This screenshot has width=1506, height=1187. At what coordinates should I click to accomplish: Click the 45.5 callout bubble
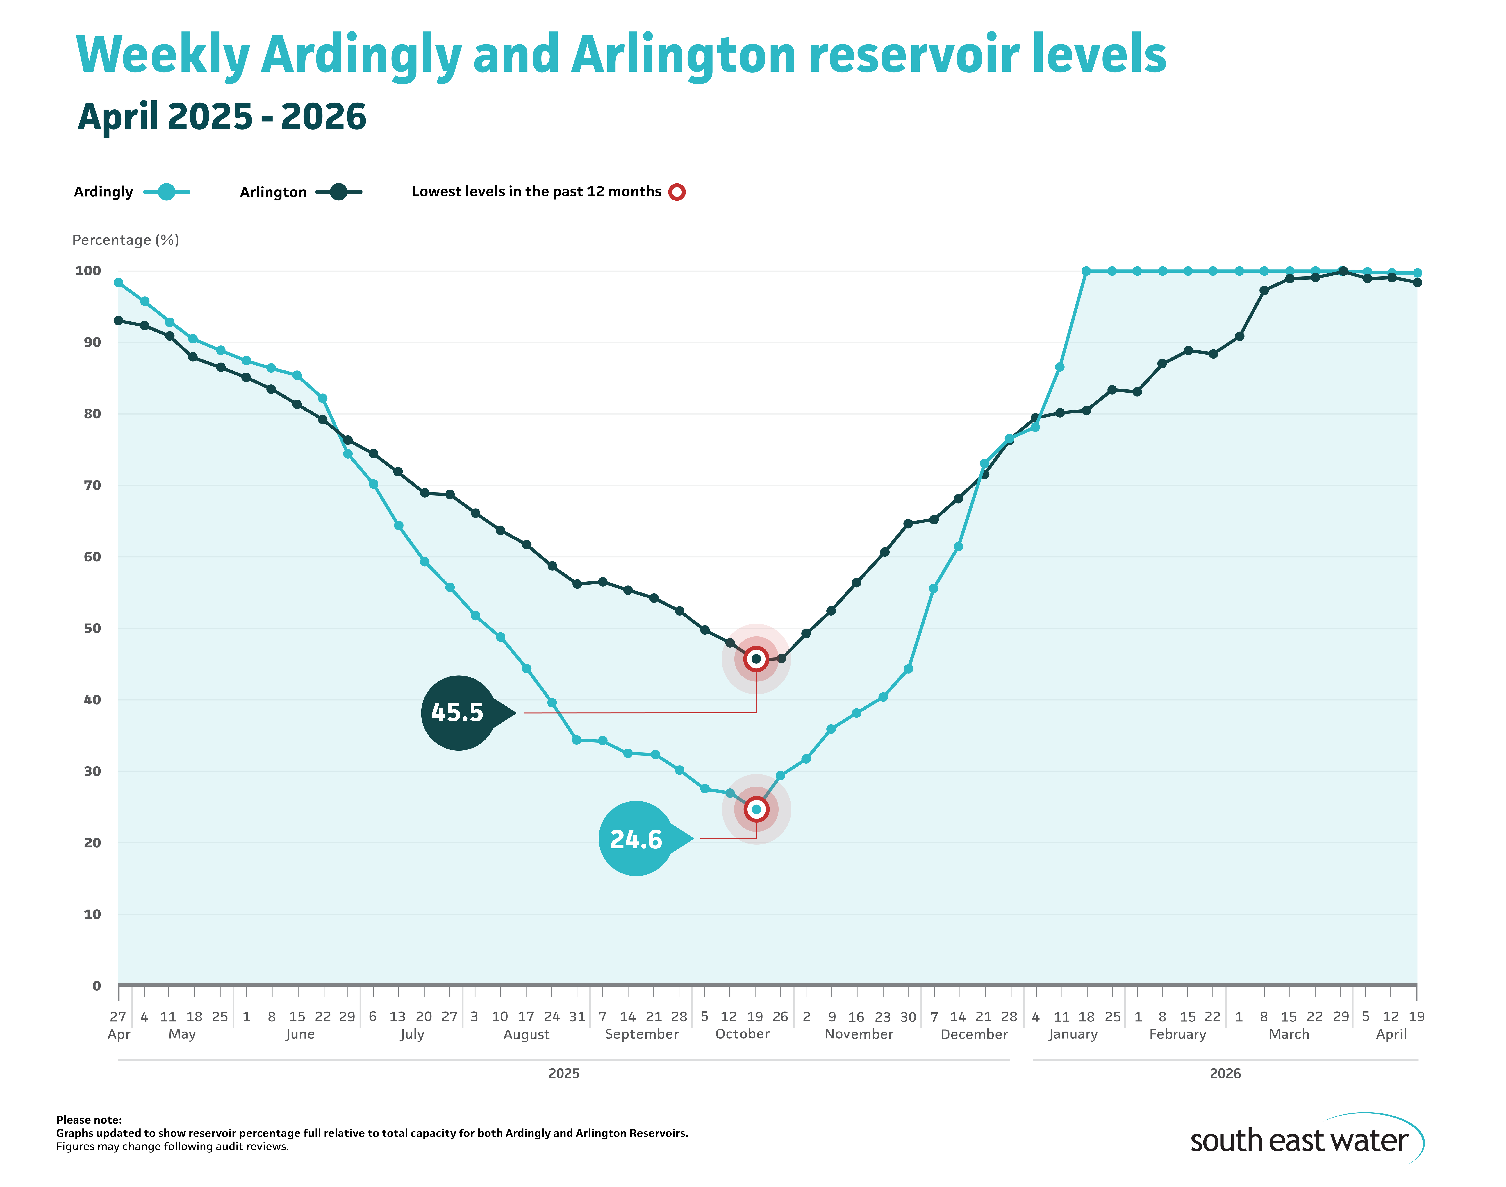point(458,712)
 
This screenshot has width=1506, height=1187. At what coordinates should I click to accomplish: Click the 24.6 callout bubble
point(636,839)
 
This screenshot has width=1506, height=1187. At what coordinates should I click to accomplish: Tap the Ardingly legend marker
point(166,192)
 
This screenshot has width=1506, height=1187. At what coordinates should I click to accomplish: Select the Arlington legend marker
point(339,192)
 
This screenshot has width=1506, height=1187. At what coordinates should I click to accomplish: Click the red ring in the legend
point(677,192)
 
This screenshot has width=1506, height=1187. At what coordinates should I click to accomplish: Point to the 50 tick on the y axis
point(92,628)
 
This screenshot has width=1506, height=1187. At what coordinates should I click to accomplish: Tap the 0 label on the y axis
point(97,985)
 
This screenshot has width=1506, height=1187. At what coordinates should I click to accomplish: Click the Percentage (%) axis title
point(126,240)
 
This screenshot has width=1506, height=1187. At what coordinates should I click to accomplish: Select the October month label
point(742,1034)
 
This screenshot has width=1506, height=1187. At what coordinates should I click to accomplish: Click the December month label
point(973,1034)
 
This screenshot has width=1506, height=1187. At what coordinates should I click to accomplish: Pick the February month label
point(1177,1034)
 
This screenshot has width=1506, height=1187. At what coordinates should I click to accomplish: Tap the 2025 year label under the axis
point(563,1074)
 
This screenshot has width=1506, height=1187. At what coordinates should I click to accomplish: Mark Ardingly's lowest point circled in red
point(756,809)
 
